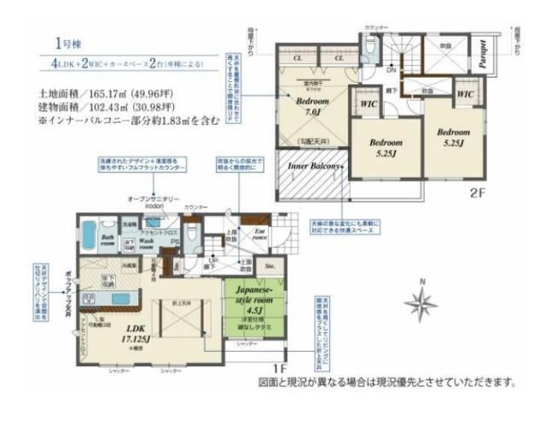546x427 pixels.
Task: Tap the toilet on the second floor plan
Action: pyautogui.click(x=368, y=51)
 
